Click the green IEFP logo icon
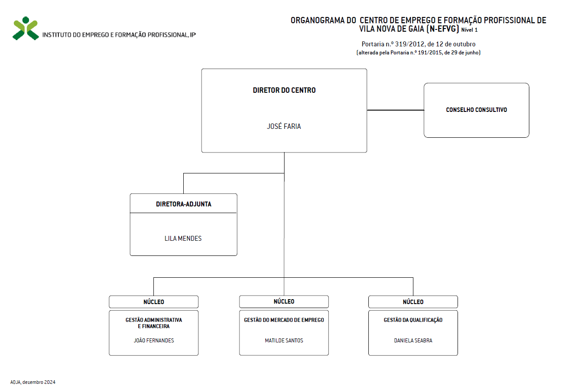[26, 28]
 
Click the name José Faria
[284, 126]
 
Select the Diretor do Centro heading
[284, 90]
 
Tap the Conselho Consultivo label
[476, 110]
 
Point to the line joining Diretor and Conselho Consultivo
[396, 110]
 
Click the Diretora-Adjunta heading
[184, 204]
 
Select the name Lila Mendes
[183, 239]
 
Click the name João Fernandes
[154, 341]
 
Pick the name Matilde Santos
[284, 341]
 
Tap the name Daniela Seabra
[413, 341]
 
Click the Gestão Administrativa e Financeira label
[154, 323]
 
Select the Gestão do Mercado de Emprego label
[284, 320]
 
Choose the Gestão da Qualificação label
[413, 320]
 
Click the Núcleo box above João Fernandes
[153, 302]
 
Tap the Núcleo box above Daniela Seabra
[413, 302]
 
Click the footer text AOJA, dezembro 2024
[33, 382]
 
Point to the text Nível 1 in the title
[469, 30]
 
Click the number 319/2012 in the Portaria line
[409, 44]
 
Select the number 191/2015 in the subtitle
[430, 53]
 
